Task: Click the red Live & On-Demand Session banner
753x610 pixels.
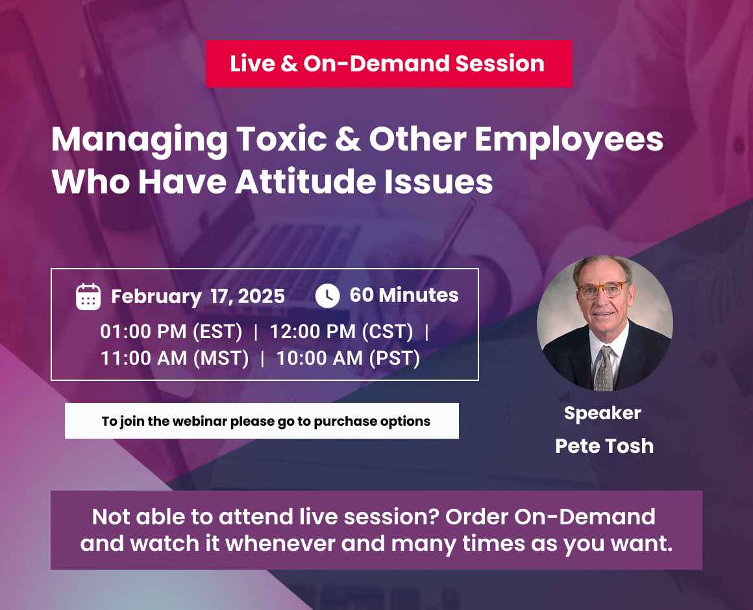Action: click(x=388, y=64)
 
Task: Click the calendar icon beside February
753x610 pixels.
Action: click(x=88, y=296)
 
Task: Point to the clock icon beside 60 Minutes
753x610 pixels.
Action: click(x=327, y=295)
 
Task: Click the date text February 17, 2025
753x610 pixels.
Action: click(x=198, y=297)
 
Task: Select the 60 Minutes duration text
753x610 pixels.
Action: click(x=404, y=295)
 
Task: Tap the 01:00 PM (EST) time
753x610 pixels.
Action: click(x=171, y=332)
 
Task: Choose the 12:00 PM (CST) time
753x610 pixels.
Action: click(x=341, y=332)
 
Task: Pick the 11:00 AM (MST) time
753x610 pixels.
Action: click(x=175, y=358)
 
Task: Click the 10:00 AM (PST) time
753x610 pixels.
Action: click(x=348, y=358)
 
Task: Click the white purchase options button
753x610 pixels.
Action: click(x=262, y=421)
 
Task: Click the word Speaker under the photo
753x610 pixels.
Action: click(x=602, y=413)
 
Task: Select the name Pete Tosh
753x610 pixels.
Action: click(x=604, y=446)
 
